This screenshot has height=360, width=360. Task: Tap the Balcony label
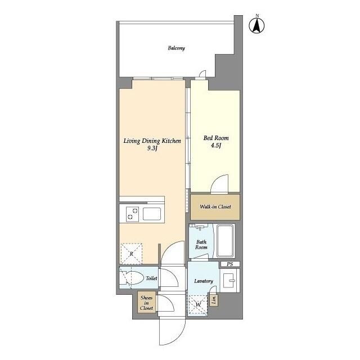coord(176,48)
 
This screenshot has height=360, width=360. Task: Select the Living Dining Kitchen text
coord(152,141)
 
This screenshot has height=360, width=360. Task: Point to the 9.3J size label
coord(152,148)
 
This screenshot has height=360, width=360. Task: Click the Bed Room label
coord(216,138)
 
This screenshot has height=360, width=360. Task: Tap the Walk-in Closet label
coord(215,207)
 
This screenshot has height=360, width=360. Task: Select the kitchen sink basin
coord(152,214)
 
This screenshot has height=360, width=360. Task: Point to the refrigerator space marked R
coord(131,253)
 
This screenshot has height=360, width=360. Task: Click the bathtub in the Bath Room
coord(227,241)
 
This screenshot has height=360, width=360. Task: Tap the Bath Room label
coord(201,245)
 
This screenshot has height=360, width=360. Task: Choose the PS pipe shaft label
coord(229,264)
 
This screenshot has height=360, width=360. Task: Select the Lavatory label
coord(203,281)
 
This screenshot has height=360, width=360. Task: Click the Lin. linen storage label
coord(214,300)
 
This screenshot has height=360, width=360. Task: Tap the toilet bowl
coord(134,278)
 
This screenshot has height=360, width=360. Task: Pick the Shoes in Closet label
coord(146,303)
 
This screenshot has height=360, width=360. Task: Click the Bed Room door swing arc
coord(220,182)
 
